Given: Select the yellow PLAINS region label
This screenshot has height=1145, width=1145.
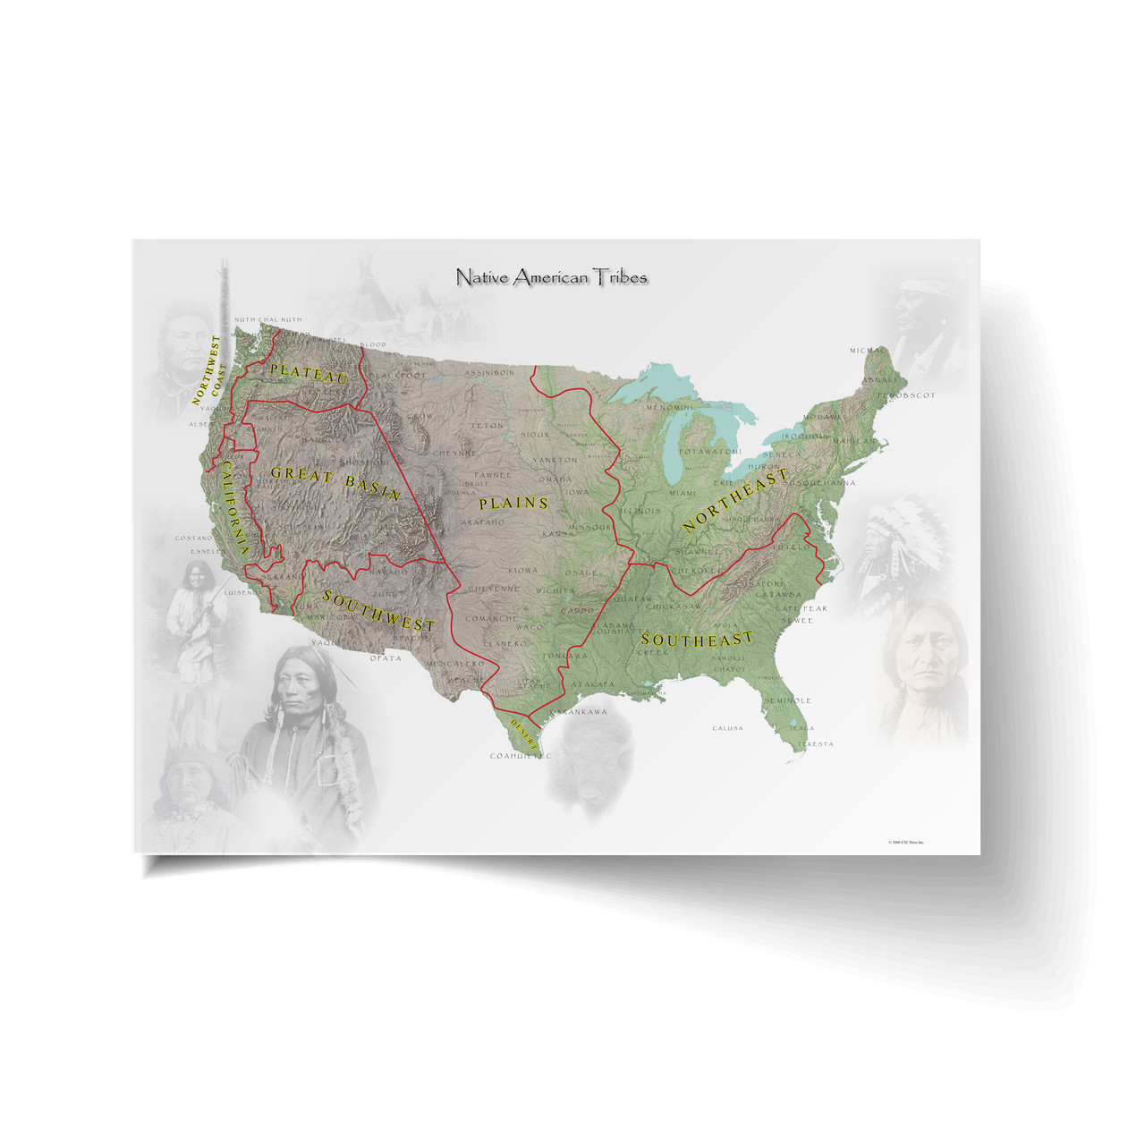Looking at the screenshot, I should point(513,503).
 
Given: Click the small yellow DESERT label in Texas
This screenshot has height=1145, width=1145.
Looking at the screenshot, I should point(523,727).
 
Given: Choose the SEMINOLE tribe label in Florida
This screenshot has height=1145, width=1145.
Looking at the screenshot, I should point(787,700).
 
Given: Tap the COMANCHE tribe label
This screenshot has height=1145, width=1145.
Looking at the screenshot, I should point(491,618).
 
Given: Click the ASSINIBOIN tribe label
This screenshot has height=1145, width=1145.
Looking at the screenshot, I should point(489,373).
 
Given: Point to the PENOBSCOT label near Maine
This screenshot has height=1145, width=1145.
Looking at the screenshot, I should point(905,394).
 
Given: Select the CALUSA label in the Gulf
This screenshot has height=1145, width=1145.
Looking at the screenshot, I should point(727,728).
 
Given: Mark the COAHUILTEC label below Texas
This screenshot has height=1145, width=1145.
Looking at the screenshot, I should point(521,756).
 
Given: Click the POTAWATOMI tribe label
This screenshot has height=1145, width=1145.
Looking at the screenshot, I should point(709,452).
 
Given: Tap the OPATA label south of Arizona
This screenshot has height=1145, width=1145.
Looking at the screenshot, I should point(386,658).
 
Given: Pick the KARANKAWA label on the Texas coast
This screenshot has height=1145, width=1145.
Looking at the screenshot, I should point(578,712).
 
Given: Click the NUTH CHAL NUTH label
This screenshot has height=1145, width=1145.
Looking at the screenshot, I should point(267,319).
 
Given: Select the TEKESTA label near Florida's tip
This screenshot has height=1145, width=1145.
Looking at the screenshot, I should point(814,744).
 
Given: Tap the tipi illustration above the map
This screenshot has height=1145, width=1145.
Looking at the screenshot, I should point(367,286).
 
